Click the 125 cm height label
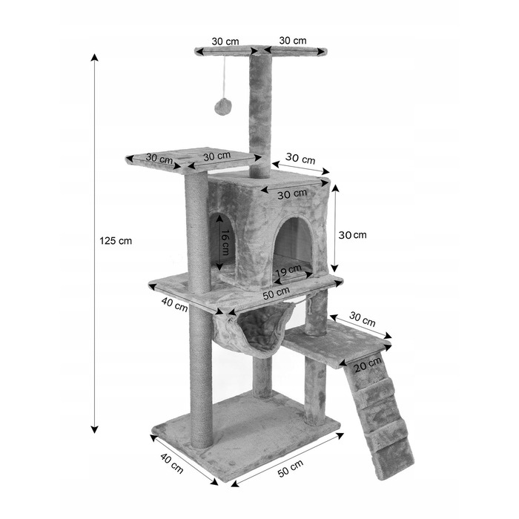pyautogui.click(x=116, y=241)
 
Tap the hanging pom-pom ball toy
pyautogui.click(x=223, y=106)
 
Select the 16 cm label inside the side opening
pyautogui.click(x=225, y=242)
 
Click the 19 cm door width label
pyautogui.click(x=288, y=271)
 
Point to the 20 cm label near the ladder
pyautogui.click(x=368, y=365)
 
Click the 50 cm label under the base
pyautogui.click(x=291, y=469)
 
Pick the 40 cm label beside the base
pyautogui.click(x=172, y=463)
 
